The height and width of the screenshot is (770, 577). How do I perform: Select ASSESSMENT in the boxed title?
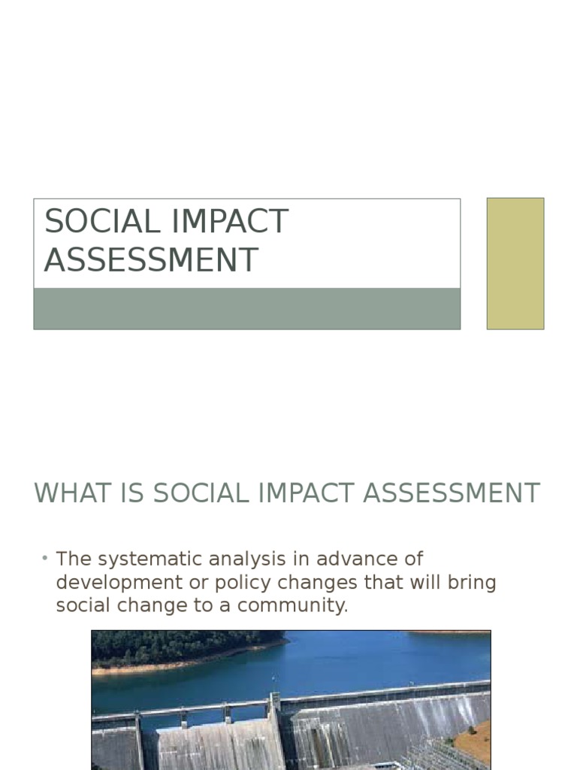(x=151, y=260)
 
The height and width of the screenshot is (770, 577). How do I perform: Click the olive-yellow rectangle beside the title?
(x=515, y=263)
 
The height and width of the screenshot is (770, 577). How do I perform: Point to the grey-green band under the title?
(x=246, y=309)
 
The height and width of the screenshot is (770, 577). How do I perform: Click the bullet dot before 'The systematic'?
(x=45, y=558)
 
